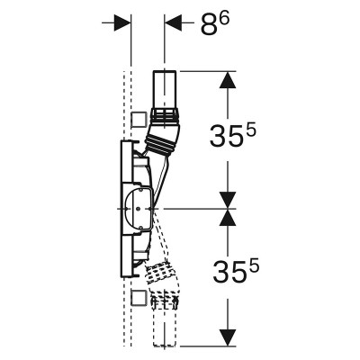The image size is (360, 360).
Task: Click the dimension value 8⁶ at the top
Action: [215, 24]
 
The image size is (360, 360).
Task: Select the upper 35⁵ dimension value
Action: [233, 134]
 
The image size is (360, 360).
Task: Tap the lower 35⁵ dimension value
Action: [236, 271]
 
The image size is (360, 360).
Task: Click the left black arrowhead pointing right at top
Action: [122, 22]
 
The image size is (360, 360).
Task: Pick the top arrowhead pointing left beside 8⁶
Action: [173, 22]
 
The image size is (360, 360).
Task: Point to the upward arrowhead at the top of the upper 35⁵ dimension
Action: [228, 80]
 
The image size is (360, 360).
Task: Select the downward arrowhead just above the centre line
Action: [228, 200]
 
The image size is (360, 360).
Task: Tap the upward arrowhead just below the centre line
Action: [228, 217]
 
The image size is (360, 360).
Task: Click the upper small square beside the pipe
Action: [139, 120]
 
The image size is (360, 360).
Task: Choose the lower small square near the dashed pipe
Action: [139, 298]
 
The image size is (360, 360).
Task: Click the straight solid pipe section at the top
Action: [165, 89]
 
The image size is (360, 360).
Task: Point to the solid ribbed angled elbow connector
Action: [163, 138]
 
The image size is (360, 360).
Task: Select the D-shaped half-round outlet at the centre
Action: [138, 208]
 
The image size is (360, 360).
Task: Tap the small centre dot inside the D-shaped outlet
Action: [137, 209]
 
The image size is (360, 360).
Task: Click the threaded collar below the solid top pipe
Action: [165, 114]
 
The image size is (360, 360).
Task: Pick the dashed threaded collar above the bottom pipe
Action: [165, 301]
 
